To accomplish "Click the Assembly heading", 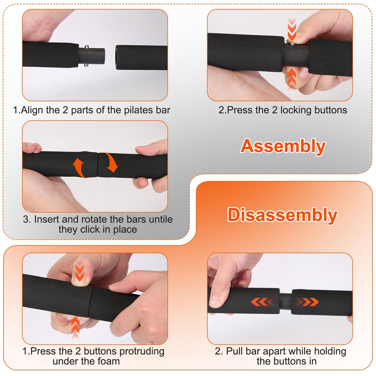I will pos(283,146).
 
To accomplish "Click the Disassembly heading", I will pos(282,215).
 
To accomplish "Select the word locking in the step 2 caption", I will pos(296,110).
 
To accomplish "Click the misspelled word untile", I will pos(161,219).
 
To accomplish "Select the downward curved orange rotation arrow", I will pos(112,163).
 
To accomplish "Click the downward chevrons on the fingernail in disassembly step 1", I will pos(79,272).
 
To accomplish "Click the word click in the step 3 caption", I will pos(90,230).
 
